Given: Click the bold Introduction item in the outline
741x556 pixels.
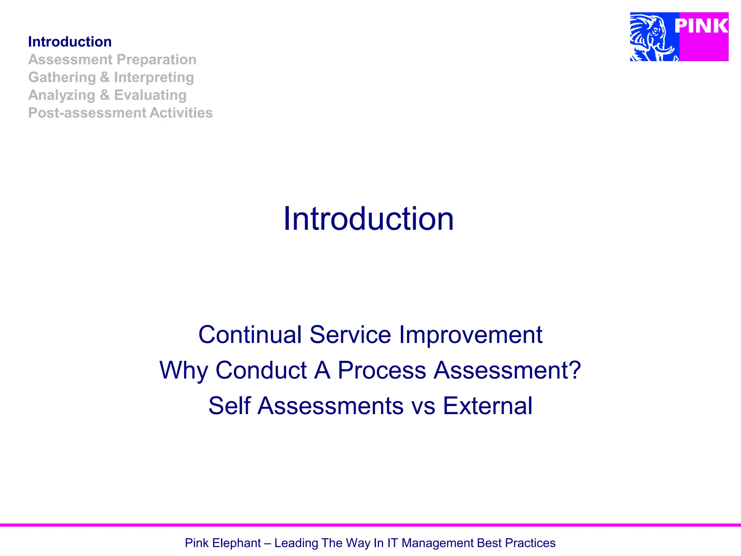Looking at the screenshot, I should pyautogui.click(x=70, y=42).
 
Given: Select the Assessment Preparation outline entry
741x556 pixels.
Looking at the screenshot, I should pyautogui.click(x=112, y=60).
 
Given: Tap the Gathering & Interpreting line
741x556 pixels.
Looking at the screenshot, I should pyautogui.click(x=111, y=77).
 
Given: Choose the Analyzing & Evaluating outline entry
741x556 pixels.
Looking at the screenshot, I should pyautogui.click(x=107, y=95).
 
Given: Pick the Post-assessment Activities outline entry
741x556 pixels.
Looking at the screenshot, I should pyautogui.click(x=120, y=113).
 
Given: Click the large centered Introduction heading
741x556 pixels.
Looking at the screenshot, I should pyautogui.click(x=368, y=219).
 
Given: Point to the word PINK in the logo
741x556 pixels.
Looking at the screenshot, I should pyautogui.click(x=701, y=26).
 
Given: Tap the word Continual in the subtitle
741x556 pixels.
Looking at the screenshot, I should pyautogui.click(x=250, y=334).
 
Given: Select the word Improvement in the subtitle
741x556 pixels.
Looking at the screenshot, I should pyautogui.click(x=470, y=334).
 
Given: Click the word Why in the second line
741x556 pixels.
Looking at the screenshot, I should pyautogui.click(x=183, y=370).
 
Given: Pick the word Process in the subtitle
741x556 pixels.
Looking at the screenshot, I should pyautogui.click(x=382, y=370).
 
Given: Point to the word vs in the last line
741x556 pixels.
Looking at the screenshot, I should pyautogui.click(x=423, y=406).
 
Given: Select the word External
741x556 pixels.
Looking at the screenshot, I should pyautogui.click(x=487, y=406).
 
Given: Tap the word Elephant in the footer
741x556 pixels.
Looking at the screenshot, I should pyautogui.click(x=236, y=543).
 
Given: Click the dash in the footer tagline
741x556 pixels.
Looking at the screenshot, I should pyautogui.click(x=267, y=543).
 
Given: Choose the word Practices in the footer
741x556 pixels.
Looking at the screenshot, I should pyautogui.click(x=530, y=543).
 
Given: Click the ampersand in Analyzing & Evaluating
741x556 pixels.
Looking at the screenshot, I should pyautogui.click(x=105, y=95).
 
